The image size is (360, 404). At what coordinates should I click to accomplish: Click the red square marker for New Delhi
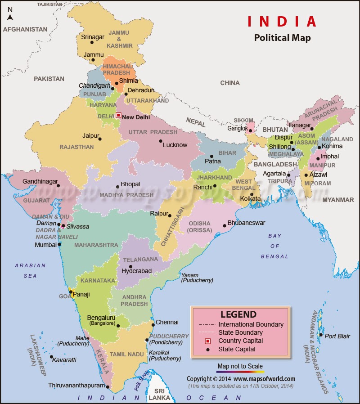pos(118,115)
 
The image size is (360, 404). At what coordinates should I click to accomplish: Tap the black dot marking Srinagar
pos(92,42)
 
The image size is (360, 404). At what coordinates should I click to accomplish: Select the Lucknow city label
pos(175,145)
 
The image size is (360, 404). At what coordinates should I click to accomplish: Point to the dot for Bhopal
pos(117,187)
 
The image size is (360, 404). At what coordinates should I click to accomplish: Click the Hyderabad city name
pos(137,271)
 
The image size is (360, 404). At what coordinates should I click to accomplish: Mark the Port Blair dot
pos(320,334)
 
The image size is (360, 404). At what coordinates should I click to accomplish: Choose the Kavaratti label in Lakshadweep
pos(64,360)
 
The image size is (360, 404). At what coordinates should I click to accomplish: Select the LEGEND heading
pos(238,314)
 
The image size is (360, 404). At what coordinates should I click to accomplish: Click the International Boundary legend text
pos(251,324)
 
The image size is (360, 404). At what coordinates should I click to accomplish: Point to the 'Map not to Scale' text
pos(240,366)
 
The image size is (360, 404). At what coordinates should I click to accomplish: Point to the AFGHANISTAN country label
pos(25,29)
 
